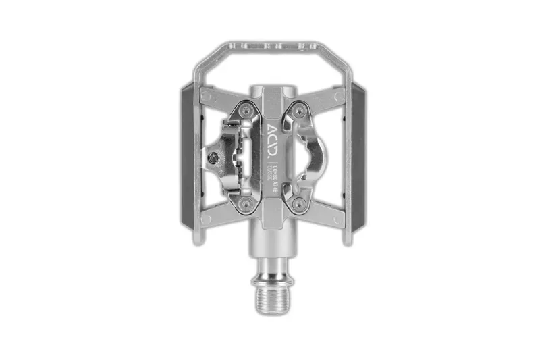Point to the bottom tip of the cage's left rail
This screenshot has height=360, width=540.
click(x=196, y=240)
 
